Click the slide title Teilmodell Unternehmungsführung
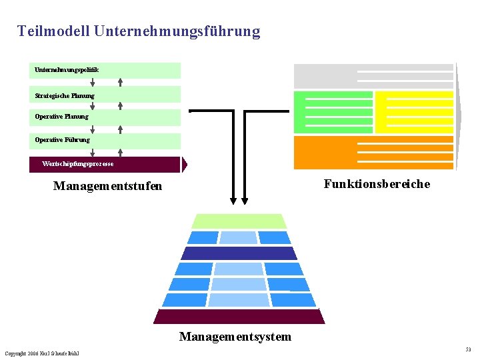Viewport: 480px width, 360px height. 139,31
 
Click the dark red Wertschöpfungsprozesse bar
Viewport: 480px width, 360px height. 105,164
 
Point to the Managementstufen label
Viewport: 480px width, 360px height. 107,187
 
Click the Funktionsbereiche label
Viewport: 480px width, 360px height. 377,184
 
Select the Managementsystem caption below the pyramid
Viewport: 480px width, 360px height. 235,337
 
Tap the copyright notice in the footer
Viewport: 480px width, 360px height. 41,353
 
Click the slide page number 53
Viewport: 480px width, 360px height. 468,349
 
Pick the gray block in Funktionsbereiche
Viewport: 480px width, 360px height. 373,76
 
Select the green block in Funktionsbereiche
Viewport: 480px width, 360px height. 333,112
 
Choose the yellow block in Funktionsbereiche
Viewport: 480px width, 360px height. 414,112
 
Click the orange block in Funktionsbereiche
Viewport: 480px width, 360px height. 373,152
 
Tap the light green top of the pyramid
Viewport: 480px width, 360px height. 239,221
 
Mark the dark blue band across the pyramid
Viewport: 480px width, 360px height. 239,253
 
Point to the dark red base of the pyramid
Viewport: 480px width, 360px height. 239,316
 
